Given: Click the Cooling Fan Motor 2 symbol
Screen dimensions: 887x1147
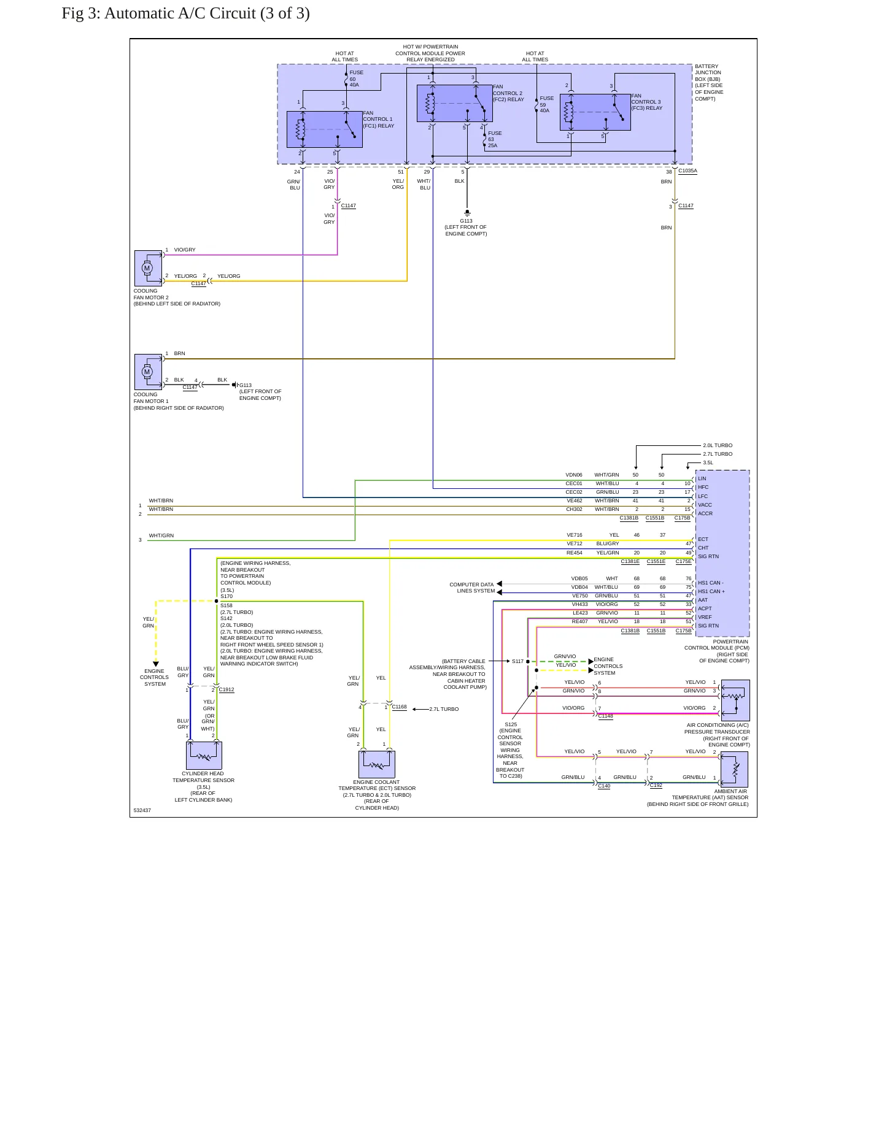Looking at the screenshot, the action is coord(148,268).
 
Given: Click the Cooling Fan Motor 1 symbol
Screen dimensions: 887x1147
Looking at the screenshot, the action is coord(148,372).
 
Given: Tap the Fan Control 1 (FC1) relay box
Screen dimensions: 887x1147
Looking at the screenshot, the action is coord(325,129).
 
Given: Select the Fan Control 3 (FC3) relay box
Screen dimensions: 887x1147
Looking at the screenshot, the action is coord(595,112).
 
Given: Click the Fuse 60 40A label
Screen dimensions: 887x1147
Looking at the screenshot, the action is coord(356,79).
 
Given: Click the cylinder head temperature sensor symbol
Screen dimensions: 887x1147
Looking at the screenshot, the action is coord(204,756).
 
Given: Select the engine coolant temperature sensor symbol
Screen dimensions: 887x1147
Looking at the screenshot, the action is coord(377,764).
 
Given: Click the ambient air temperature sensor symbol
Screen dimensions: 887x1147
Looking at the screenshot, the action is coord(734,769).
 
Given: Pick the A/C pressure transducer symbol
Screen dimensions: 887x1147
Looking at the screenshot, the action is coord(735,700).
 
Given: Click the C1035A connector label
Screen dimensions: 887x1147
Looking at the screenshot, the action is coord(688,171).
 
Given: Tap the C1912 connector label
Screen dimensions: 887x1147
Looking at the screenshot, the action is coord(227,689).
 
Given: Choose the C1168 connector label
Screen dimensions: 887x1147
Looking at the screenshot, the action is coord(399,707).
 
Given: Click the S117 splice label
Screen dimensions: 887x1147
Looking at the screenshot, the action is coord(517,661).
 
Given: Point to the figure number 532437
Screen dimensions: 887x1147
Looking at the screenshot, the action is coord(142,810).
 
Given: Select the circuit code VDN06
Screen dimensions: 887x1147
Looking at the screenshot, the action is coord(574,475).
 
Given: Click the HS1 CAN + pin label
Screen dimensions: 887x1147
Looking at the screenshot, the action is coord(711,591).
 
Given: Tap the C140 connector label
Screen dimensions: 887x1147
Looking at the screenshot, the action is coord(604,786).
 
